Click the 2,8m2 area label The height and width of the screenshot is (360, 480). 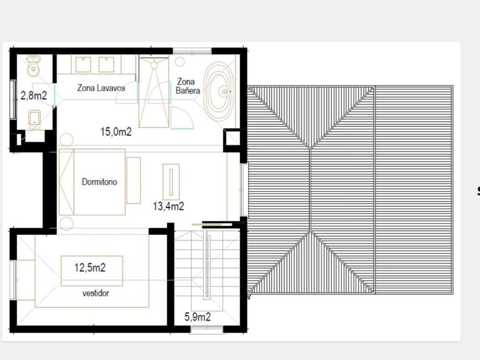tap(34, 96)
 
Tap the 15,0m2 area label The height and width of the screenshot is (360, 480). tap(116, 132)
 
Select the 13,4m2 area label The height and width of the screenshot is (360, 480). tap(168, 206)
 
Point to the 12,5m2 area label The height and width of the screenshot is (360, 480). tap(90, 267)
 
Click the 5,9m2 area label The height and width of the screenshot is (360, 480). tap(197, 317)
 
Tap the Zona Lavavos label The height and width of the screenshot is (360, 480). tap(101, 88)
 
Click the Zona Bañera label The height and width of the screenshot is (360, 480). tap(187, 86)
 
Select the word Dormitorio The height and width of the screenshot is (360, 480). tap(99, 182)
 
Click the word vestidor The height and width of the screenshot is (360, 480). tap(96, 293)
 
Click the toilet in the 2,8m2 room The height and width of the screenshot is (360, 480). tap(33, 66)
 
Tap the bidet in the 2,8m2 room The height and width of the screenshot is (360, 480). tap(34, 119)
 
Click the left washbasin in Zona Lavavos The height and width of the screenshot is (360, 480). tap(83, 64)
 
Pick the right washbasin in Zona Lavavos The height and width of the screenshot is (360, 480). tap(106, 64)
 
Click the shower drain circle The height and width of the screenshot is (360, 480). tap(154, 65)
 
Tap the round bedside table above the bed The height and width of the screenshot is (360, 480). tap(66, 140)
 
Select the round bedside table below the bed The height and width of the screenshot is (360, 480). tap(66, 223)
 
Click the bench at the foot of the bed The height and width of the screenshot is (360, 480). tap(134, 180)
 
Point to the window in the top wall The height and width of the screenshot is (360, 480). tap(192, 51)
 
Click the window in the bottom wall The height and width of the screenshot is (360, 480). tap(207, 330)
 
